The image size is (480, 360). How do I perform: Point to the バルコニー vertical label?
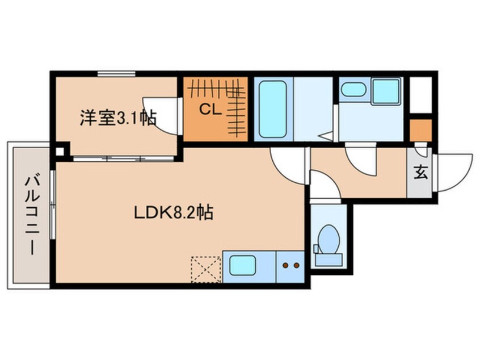click(30, 215)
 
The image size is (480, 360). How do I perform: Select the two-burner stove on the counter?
click(290, 265)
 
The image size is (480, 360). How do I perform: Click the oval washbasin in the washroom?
click(354, 89)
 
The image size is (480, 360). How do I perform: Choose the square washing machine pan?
click(386, 90)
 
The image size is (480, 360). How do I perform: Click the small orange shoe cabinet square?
click(420, 130)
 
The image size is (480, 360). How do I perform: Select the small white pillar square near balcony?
click(60, 152)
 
